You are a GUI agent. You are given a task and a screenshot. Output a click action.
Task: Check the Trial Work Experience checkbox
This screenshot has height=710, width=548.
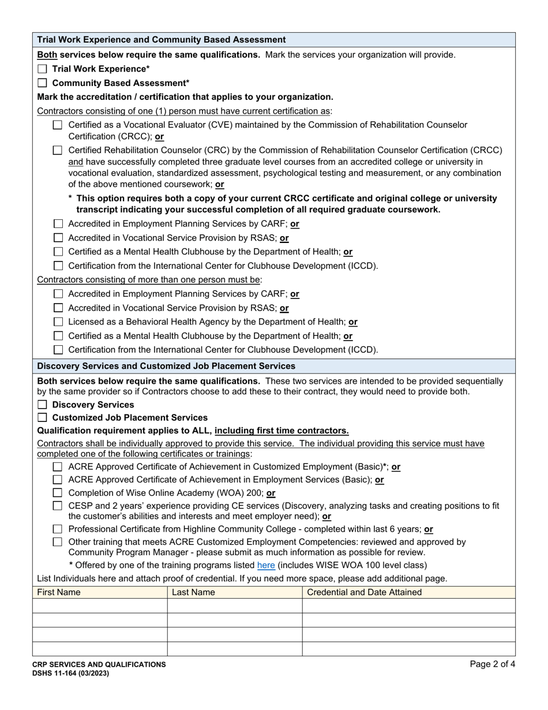tap(42, 69)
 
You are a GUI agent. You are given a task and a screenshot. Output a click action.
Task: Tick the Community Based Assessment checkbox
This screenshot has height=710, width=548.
tap(42, 83)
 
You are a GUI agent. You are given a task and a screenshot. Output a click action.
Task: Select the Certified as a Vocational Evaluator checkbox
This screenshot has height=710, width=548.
tap(58, 125)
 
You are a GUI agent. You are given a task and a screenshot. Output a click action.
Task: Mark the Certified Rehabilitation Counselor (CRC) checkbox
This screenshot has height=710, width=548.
tap(58, 150)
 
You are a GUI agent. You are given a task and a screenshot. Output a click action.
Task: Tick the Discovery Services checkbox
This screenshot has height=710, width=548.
tap(42, 405)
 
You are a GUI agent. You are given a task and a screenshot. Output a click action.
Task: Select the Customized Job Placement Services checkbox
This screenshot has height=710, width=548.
tap(42, 418)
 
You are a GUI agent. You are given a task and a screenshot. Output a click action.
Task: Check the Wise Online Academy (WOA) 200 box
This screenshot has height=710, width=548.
tap(58, 493)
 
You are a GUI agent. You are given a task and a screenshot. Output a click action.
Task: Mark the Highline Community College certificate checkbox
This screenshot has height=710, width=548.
tap(58, 529)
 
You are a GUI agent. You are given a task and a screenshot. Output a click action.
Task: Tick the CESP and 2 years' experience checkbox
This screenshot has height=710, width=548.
tap(58, 506)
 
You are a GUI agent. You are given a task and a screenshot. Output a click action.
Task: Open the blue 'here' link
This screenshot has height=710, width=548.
tap(266, 565)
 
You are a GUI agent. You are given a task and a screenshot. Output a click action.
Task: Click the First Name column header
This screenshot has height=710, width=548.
tap(59, 592)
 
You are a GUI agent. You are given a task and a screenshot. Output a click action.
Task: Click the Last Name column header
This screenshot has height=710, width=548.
tap(193, 592)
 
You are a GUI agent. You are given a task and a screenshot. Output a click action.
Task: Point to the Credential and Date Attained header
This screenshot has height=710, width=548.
tap(364, 592)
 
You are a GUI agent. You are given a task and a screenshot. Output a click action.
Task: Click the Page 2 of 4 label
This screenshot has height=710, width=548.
tap(492, 664)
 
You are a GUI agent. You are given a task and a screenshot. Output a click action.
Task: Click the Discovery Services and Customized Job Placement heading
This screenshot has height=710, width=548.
tap(166, 366)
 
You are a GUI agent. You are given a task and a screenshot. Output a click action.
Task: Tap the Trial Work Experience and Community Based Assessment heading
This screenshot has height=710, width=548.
tap(161, 40)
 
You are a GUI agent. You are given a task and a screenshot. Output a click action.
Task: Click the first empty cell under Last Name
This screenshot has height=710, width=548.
tap(234, 606)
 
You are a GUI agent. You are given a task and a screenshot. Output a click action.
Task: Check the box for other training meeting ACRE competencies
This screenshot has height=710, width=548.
tap(58, 542)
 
